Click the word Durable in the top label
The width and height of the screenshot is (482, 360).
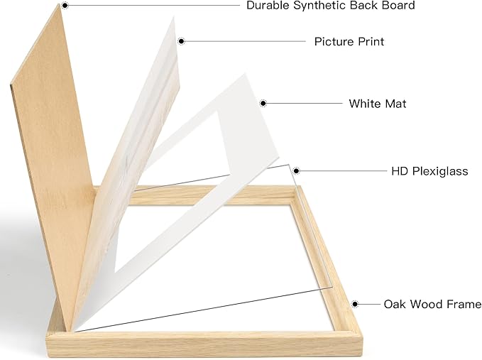point(268,5)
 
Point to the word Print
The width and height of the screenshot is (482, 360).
point(369,41)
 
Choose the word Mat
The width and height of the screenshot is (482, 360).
point(395,104)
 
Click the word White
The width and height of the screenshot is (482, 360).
point(365,104)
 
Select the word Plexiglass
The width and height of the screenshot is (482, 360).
point(440,172)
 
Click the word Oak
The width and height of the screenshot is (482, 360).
point(395,304)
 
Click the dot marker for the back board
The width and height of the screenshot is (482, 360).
point(65,5)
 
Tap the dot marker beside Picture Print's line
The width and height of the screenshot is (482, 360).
point(181,41)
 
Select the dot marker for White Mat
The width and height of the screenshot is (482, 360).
point(263,103)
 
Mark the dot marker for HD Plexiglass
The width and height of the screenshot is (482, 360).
point(296,171)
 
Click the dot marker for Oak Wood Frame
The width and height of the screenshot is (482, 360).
point(355,304)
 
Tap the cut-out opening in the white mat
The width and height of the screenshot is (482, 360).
point(172,197)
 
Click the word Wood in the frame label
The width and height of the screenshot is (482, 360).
point(427,304)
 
